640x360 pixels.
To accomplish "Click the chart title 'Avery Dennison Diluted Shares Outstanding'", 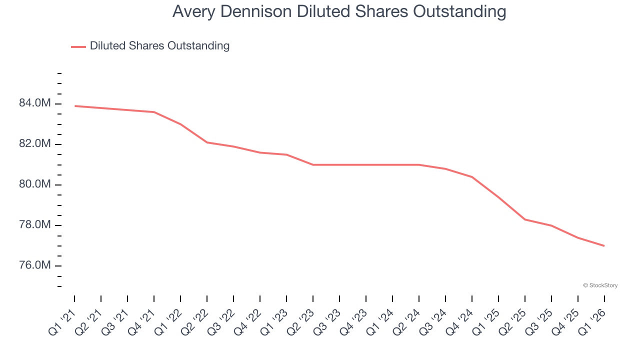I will pyautogui.click(x=339, y=11).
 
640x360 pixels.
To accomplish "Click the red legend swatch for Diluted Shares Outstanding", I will pyautogui.click(x=78, y=46).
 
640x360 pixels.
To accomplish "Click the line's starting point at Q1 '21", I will pyautogui.click(x=74, y=106).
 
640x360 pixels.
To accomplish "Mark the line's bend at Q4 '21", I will pyautogui.click(x=154, y=112).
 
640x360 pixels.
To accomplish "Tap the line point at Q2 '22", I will pyautogui.click(x=207, y=142).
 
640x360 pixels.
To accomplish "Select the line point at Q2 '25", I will pyautogui.click(x=525, y=219).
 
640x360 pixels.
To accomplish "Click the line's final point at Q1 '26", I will pyautogui.click(x=604, y=246).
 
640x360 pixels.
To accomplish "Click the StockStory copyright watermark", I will pyautogui.click(x=600, y=285).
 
